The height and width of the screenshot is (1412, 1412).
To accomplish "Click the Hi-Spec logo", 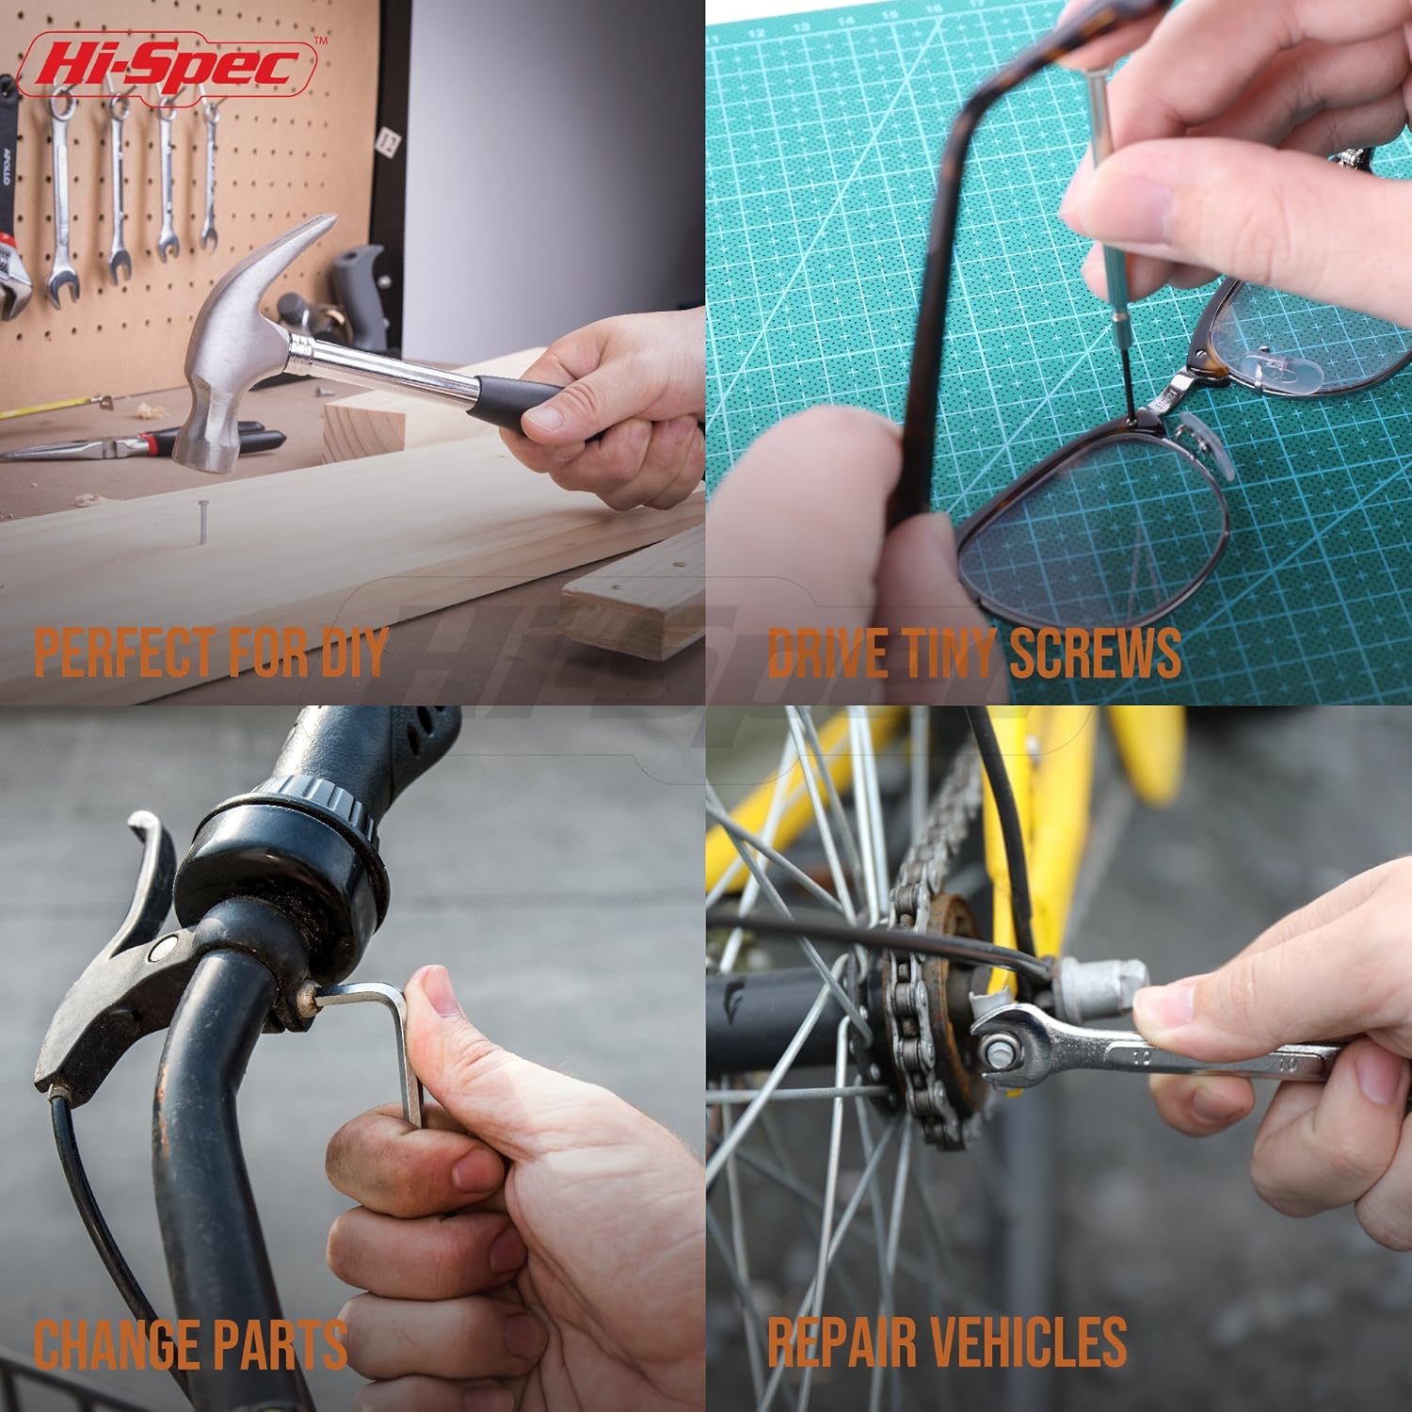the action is tap(167, 64).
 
